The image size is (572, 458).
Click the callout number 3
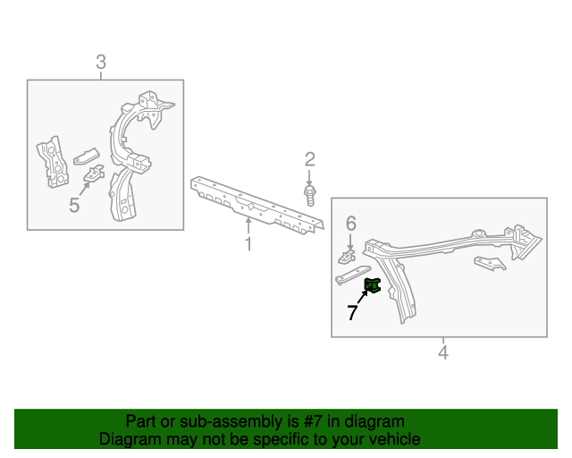click(101, 62)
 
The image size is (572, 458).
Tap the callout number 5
click(74, 205)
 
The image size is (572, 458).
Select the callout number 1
click(248, 244)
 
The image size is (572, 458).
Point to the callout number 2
click(310, 159)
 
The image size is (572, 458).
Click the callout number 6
click(350, 223)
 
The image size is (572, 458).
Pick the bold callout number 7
click(352, 312)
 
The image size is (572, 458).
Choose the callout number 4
click(443, 352)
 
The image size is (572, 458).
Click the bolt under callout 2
click(310, 196)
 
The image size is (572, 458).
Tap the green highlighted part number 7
click(373, 284)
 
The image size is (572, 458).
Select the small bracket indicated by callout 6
click(347, 257)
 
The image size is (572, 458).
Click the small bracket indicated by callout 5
click(94, 173)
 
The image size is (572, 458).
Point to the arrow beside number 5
click(84, 189)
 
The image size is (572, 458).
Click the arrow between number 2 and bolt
click(309, 177)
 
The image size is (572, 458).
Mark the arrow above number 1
click(248, 225)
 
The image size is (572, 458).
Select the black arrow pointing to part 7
click(362, 297)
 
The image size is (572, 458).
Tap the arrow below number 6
click(350, 242)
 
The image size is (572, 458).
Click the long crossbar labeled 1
click(257, 205)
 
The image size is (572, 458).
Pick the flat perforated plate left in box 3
click(53, 162)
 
